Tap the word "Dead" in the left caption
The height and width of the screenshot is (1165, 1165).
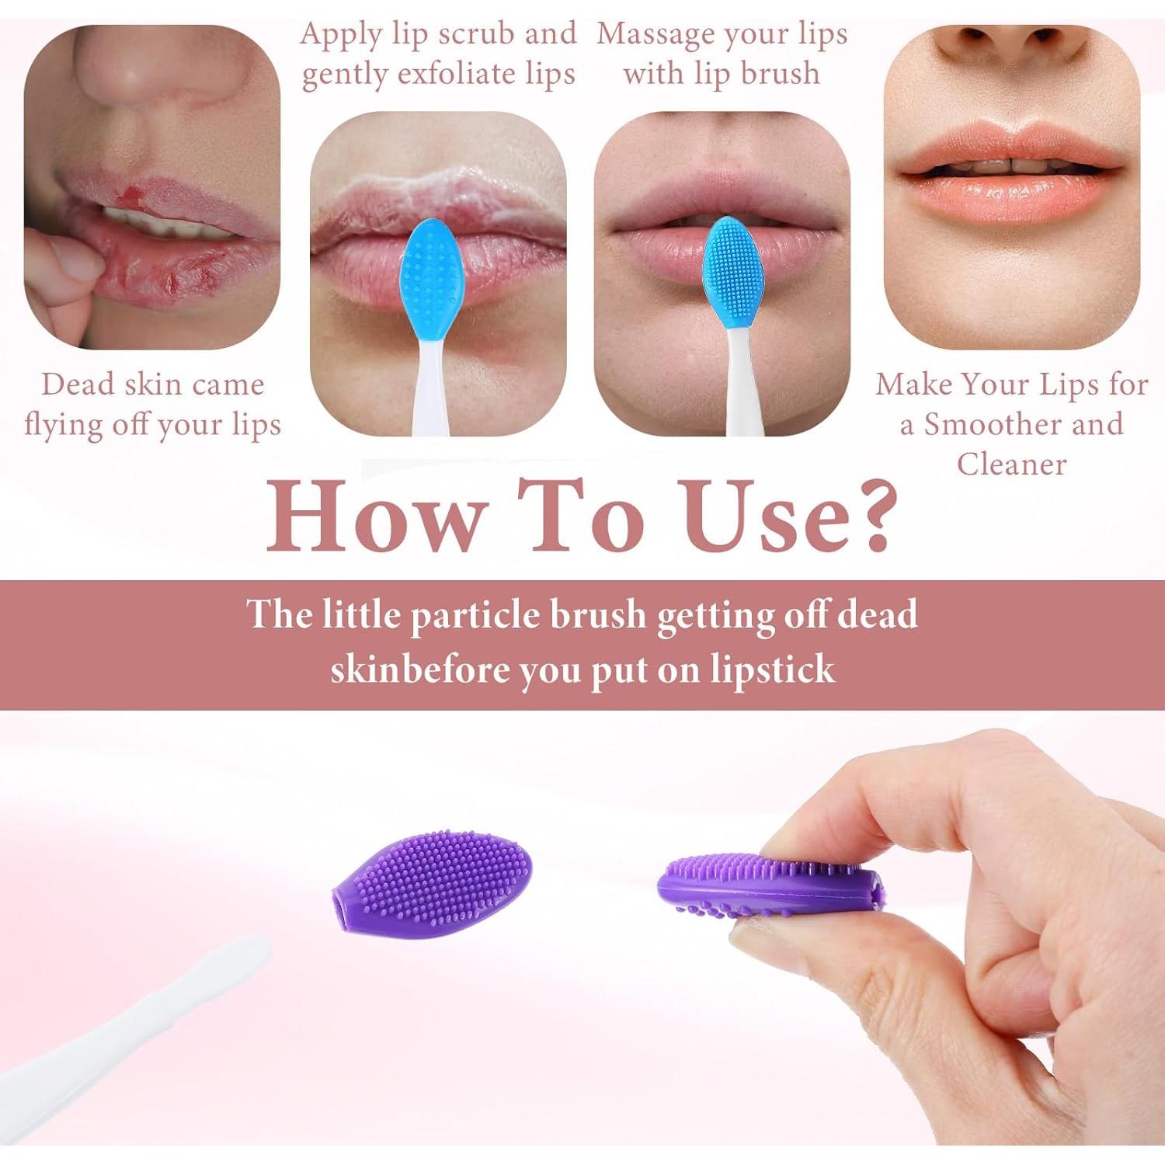(x=76, y=384)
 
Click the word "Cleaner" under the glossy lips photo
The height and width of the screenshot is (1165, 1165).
(x=1011, y=464)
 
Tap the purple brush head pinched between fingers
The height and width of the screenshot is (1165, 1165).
(x=769, y=885)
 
